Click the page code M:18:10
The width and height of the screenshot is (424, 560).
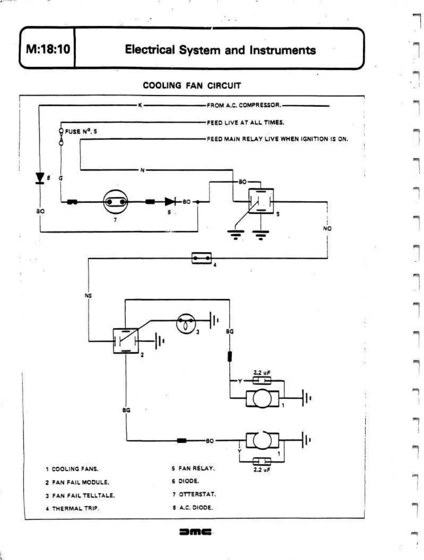(48, 49)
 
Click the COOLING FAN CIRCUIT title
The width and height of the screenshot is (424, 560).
(192, 86)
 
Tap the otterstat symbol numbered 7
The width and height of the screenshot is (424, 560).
(115, 202)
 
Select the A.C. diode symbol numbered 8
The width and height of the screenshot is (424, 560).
(40, 178)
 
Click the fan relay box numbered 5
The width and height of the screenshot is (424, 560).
(261, 201)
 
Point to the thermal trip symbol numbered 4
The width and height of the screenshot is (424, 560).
(202, 258)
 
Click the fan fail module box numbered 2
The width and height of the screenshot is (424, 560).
(126, 341)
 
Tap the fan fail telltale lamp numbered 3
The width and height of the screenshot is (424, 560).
(186, 323)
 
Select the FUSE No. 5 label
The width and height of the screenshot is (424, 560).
(81, 131)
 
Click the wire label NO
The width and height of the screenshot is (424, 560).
(327, 228)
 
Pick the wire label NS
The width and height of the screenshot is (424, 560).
(88, 295)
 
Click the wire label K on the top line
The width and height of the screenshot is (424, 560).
(140, 105)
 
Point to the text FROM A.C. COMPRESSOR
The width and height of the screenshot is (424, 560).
(244, 105)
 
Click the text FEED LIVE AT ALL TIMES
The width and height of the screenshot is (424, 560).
(245, 122)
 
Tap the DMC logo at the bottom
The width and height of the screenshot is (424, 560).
(196, 532)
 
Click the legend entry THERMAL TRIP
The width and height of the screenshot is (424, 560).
(75, 508)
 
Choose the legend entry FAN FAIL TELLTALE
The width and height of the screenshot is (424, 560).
(83, 495)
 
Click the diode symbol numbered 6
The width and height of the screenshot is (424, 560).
(170, 202)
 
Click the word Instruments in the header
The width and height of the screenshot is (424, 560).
(283, 50)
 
